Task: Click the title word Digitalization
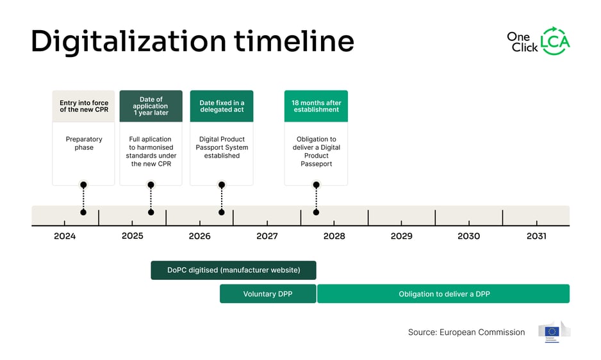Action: pos(128,42)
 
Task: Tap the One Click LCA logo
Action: pos(538,41)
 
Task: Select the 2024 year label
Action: pos(65,236)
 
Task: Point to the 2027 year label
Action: pos(267,236)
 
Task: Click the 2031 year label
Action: pos(536,236)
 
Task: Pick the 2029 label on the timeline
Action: pos(401,236)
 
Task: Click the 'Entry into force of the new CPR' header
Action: pos(84,106)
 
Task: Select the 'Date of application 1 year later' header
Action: pos(151,106)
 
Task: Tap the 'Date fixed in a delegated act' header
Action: pos(222,106)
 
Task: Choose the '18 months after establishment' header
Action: pos(316,106)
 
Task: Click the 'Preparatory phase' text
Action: pos(84,143)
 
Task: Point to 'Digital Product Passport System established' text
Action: pos(222,147)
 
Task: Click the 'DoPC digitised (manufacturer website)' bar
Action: pos(233,270)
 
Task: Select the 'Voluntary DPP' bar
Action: pos(268,294)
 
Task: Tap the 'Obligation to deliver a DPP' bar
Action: pos(443,294)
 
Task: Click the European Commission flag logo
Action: pos(553,332)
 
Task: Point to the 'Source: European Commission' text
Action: pos(466,332)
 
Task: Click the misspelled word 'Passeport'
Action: pos(316,164)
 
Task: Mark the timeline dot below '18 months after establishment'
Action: pos(316,212)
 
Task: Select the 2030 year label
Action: pos(468,236)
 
